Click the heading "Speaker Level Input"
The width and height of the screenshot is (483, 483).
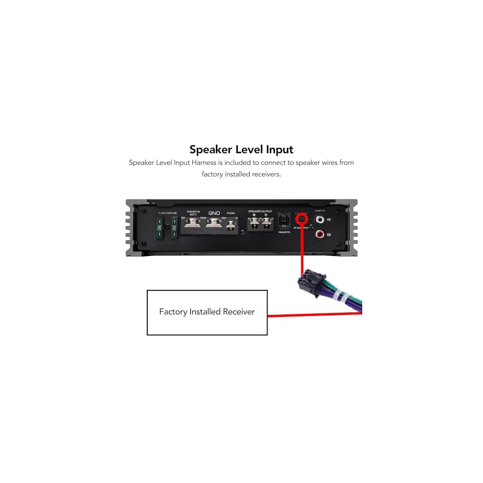(241, 149)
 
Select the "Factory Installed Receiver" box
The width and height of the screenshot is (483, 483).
(207, 312)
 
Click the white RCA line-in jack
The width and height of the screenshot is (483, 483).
(320, 220)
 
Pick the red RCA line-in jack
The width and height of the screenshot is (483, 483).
(320, 235)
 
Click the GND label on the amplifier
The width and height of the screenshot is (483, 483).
(213, 213)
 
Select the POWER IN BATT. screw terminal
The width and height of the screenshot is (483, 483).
(193, 224)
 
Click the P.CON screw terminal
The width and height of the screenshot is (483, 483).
(231, 225)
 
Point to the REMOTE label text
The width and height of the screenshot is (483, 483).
(284, 232)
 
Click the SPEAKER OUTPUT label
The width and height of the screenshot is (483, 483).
(260, 212)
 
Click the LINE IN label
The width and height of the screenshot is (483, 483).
(320, 211)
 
